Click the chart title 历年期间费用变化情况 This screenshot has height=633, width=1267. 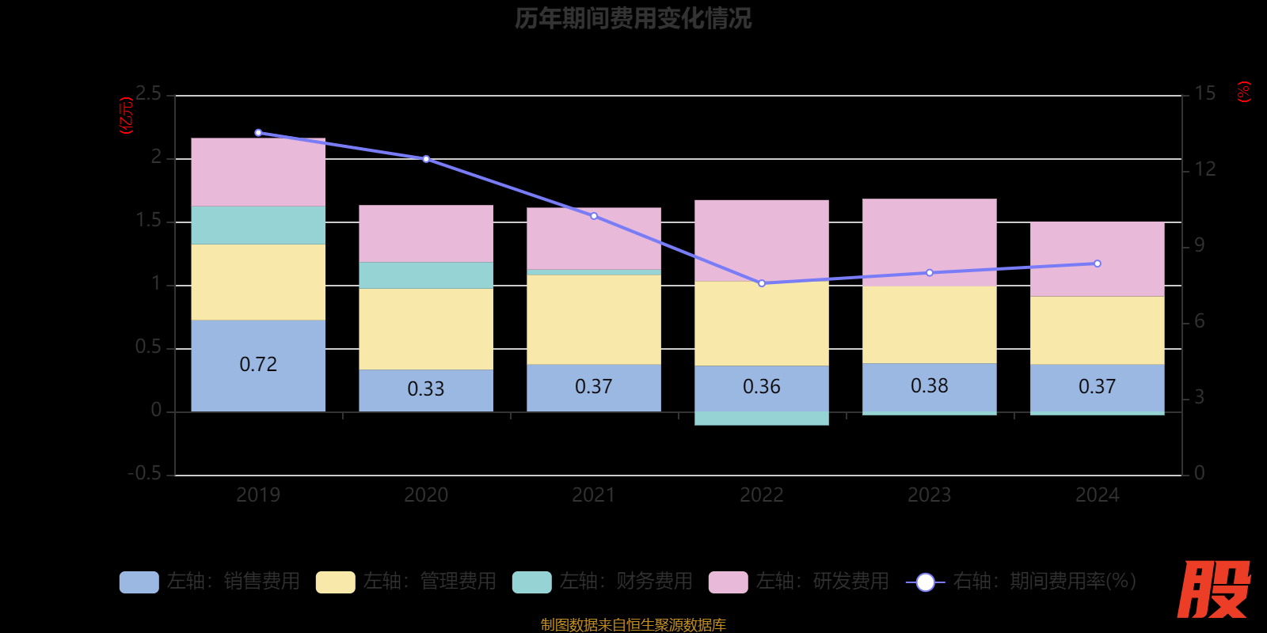[x=633, y=18]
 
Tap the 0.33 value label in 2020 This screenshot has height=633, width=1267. [x=426, y=389]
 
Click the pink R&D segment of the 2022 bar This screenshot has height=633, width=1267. [x=762, y=241]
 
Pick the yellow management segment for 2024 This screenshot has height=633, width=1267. [x=1097, y=330]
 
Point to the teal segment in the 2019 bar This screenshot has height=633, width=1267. [x=258, y=225]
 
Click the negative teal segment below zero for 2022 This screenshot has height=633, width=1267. [x=762, y=419]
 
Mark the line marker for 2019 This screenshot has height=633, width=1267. [x=258, y=133]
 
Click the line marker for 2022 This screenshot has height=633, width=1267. [x=762, y=283]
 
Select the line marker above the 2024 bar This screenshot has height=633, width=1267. [x=1097, y=263]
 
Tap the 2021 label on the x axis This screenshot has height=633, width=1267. [x=594, y=495]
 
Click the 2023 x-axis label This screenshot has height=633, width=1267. [x=929, y=495]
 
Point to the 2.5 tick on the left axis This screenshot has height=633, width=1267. [x=148, y=94]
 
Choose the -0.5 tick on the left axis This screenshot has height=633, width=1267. [x=145, y=473]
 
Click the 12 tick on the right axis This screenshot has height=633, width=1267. [x=1204, y=169]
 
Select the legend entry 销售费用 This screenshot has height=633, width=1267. [x=211, y=582]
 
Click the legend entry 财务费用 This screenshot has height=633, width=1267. [x=603, y=582]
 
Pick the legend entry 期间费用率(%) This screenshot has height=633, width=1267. [x=1022, y=582]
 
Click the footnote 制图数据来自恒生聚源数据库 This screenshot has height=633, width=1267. [x=633, y=625]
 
